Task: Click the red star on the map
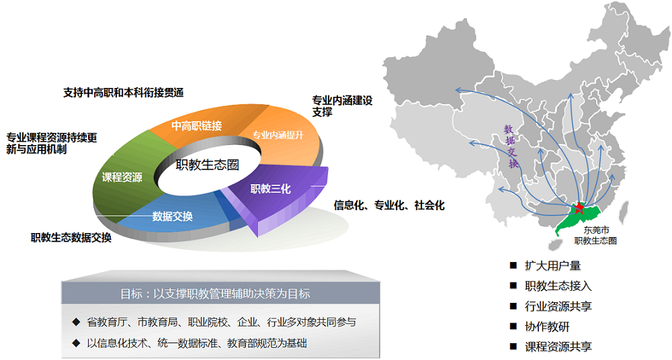[x=579, y=208]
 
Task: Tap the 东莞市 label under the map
[x=596, y=230]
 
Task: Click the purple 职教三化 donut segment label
[x=270, y=189]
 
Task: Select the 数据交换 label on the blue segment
[x=172, y=216]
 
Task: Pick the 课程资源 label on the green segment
[x=122, y=177]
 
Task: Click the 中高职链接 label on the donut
[x=197, y=126]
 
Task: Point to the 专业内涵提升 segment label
[x=278, y=135]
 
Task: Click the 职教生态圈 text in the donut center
[x=208, y=165]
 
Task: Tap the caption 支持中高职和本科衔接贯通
[x=124, y=93]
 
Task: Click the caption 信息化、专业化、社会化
[x=389, y=206]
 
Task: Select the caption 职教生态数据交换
[x=71, y=238]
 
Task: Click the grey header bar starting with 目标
[x=220, y=293]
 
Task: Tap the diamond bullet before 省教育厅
[x=77, y=322]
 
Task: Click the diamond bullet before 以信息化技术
[x=77, y=343]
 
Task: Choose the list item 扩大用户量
[x=553, y=266]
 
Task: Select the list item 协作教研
[x=547, y=326]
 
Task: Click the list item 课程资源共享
[x=558, y=347]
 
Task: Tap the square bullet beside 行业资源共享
[x=513, y=306]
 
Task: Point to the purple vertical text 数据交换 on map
[x=511, y=146]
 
